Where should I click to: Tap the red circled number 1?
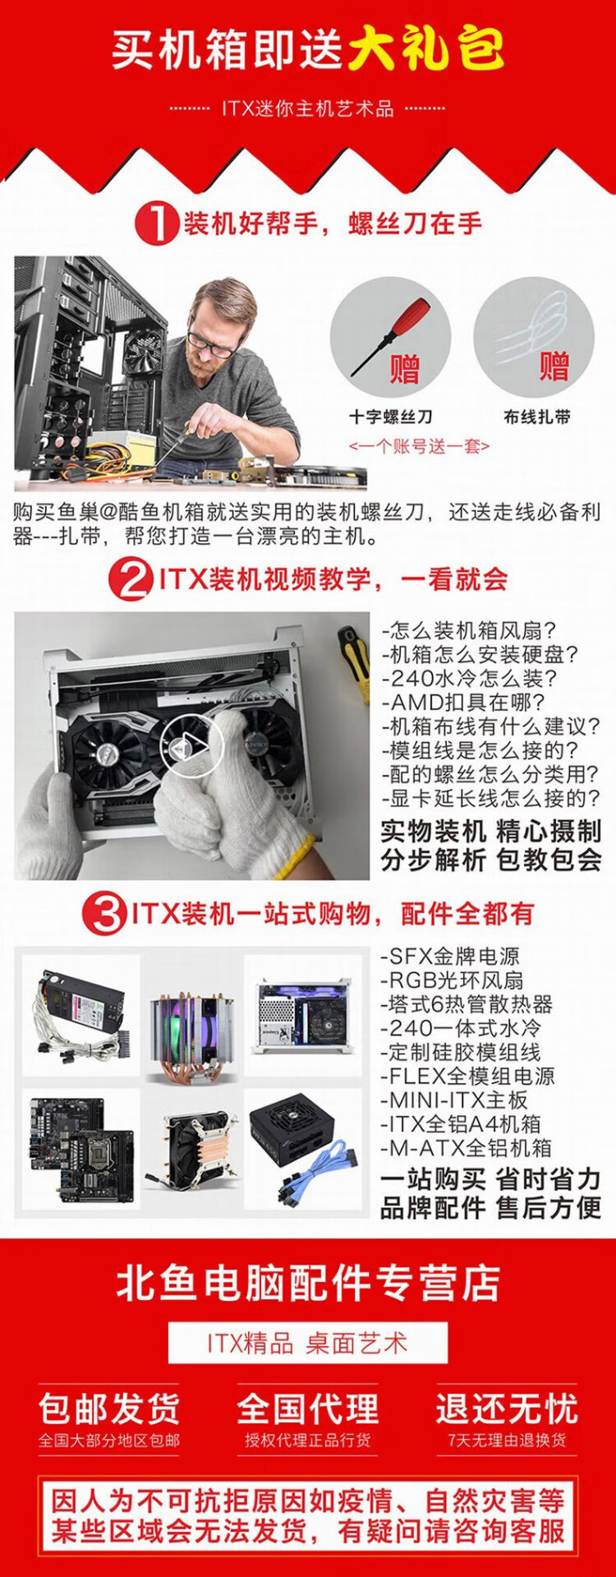tap(156, 223)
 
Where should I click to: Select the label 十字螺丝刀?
tap(391, 417)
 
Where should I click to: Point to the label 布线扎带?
tap(537, 417)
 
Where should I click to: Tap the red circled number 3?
tap(106, 914)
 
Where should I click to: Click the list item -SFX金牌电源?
tap(450, 957)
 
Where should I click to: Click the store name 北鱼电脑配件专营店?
tap(308, 1283)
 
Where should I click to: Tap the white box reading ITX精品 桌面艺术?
tap(308, 1344)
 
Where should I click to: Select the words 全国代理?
tap(308, 1409)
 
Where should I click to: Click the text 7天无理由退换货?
tap(507, 1441)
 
